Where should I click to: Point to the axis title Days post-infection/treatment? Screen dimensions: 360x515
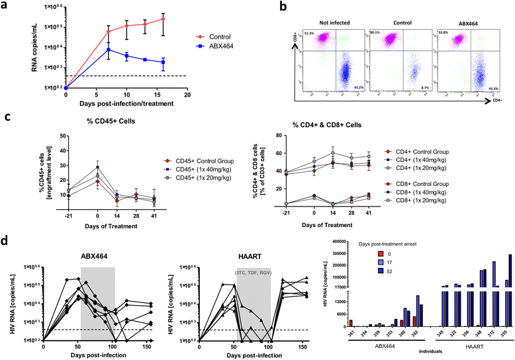pos(126,104)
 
